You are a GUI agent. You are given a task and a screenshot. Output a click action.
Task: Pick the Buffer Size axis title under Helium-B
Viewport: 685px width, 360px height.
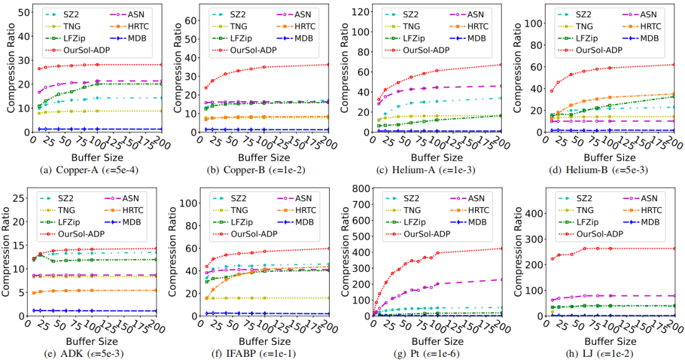[x=608, y=157]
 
